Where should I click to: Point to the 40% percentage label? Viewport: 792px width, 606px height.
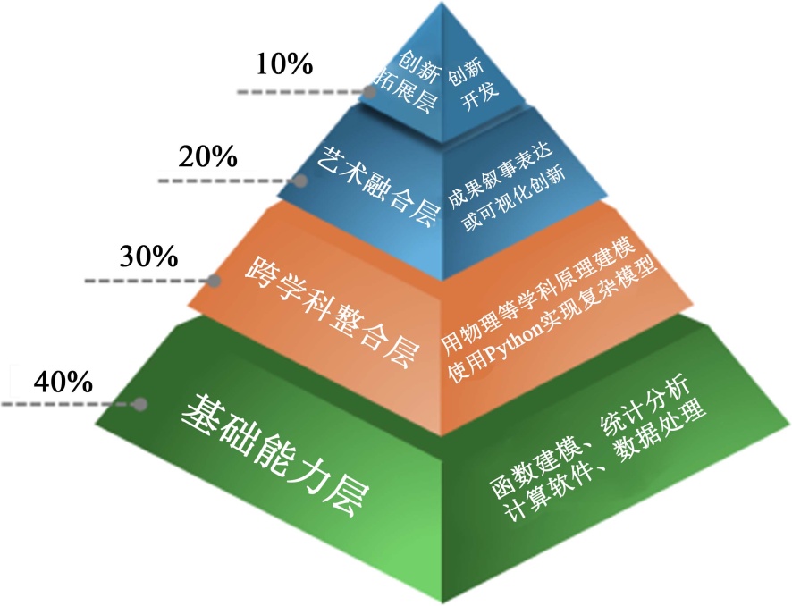click(x=63, y=382)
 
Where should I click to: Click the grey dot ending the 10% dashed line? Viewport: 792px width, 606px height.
click(x=371, y=91)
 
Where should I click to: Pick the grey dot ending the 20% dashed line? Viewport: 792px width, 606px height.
click(x=302, y=180)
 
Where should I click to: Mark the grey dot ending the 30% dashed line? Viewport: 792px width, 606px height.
click(x=215, y=281)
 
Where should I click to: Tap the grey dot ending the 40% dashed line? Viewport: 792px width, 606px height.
click(x=139, y=404)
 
